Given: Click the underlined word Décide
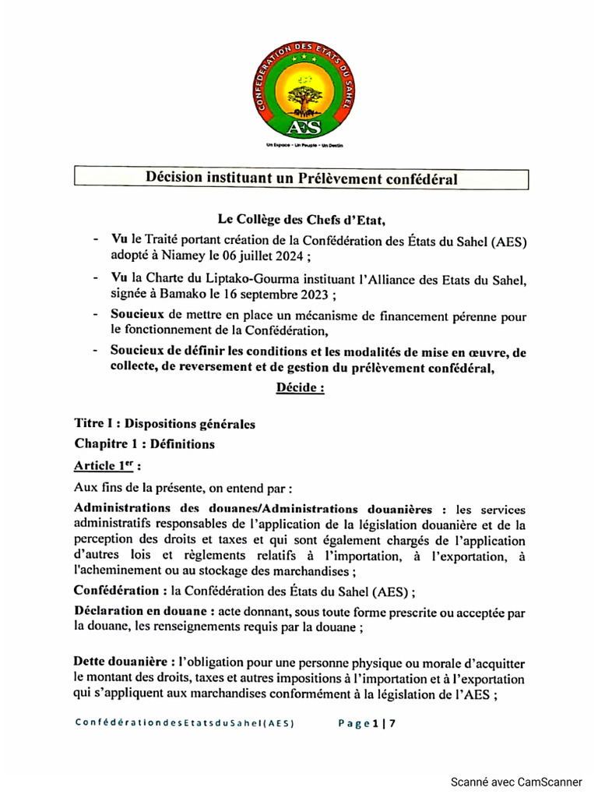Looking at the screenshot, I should (x=300, y=387).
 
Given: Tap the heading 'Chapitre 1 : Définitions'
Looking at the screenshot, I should (x=144, y=444).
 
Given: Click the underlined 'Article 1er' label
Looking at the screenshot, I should (x=107, y=466).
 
